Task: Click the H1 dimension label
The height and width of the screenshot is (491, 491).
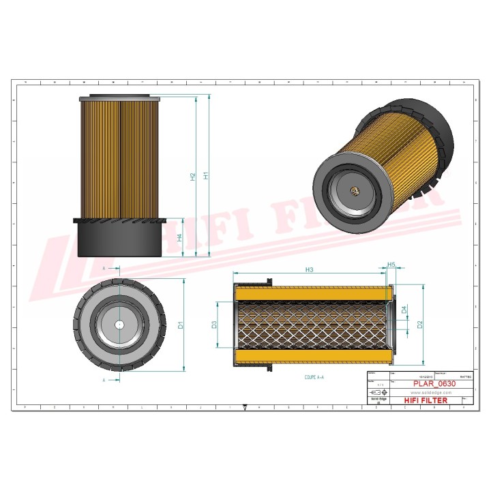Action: (x=205, y=175)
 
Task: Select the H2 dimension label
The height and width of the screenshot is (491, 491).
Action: (x=193, y=175)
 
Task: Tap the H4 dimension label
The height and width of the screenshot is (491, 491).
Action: (x=179, y=238)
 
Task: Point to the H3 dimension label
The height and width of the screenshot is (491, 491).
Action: (x=309, y=271)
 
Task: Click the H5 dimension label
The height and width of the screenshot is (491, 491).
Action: (x=391, y=265)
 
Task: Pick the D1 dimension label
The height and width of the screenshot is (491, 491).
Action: (x=181, y=325)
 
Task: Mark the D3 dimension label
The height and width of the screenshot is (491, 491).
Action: (x=214, y=325)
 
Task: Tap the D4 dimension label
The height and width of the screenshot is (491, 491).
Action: (x=404, y=310)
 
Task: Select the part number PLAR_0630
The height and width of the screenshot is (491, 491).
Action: (x=430, y=384)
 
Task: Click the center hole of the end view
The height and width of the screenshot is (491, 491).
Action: (x=120, y=325)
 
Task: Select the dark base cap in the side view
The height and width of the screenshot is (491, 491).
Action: (x=120, y=239)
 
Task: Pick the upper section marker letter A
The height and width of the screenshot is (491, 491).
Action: (x=103, y=269)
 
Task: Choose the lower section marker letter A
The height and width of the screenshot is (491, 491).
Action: (x=103, y=379)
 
